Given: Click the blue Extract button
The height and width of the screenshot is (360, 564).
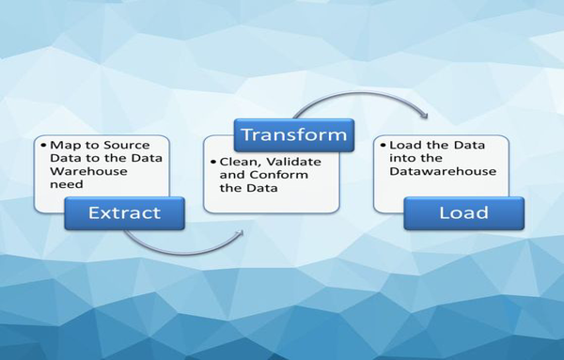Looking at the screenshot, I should click(125, 213).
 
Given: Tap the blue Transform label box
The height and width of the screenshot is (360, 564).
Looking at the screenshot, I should click(294, 135).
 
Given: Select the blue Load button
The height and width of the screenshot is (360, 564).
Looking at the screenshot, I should click(463, 213).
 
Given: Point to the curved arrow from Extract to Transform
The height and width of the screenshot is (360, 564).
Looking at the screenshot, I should click(188, 246).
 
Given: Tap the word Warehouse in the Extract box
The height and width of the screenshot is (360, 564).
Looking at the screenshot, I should click(80, 172).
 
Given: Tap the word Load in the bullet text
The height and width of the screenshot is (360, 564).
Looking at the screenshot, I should click(403, 145).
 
